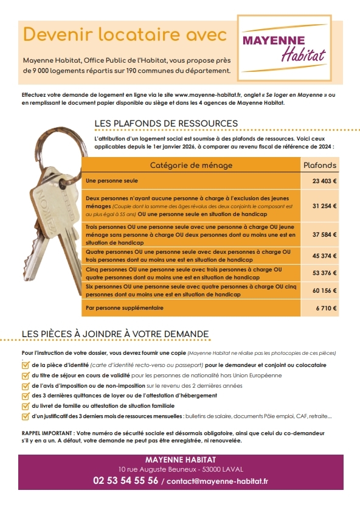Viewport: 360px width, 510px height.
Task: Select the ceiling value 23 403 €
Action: coord(325,181)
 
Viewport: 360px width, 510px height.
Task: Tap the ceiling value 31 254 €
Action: coord(325,206)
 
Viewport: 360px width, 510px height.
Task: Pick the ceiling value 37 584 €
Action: coord(325,234)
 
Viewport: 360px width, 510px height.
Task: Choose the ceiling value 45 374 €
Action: coord(325,256)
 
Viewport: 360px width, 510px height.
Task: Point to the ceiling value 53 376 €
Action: coord(325,272)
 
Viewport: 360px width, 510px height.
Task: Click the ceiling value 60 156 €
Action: coord(325,290)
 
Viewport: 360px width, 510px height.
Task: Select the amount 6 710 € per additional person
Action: coord(327,309)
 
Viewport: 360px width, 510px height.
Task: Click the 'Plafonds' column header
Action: coord(319,166)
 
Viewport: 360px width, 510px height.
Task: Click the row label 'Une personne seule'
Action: coord(112,181)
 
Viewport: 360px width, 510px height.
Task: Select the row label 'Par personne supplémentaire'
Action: coord(125,309)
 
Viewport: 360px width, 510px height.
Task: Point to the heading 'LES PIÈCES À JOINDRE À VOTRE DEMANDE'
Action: coord(115,334)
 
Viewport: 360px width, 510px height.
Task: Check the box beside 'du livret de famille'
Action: coord(25,405)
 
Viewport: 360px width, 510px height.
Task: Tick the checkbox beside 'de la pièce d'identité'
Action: coord(25,365)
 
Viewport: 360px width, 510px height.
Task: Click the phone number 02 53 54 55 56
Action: coord(125,480)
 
